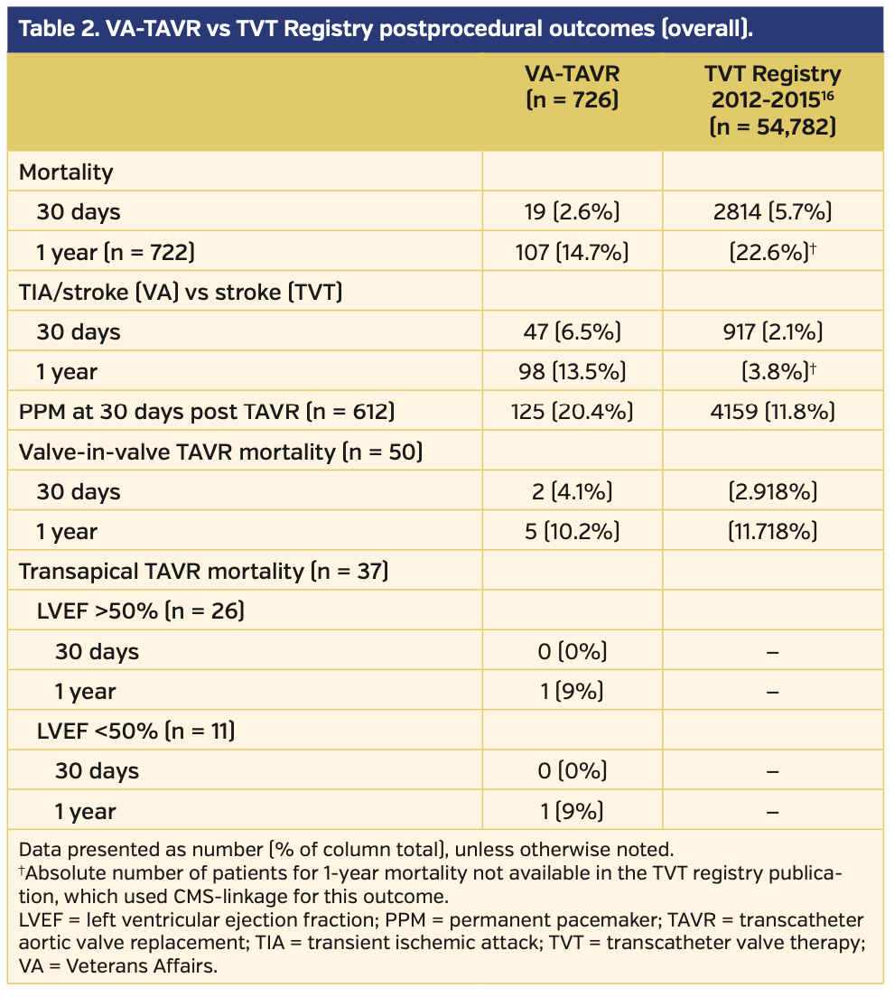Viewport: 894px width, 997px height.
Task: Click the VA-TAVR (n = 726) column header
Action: [x=572, y=87]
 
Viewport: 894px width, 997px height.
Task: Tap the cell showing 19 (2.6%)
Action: [x=572, y=211]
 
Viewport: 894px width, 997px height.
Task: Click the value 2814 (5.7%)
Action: [x=772, y=211]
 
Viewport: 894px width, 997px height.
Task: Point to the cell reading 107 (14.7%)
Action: [x=572, y=252]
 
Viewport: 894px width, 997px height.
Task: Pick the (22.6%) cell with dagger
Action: [x=772, y=252]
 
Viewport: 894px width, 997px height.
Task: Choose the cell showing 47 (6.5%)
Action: [x=572, y=331]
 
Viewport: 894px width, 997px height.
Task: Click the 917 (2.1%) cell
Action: [x=772, y=331]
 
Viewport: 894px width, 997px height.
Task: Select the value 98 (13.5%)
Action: [x=572, y=371]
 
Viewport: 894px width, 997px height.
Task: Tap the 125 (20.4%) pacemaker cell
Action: [x=572, y=412]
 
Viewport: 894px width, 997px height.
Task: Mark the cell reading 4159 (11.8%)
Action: [x=772, y=412]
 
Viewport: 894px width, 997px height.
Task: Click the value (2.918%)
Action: [x=772, y=491]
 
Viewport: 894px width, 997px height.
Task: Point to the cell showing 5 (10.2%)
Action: [x=572, y=531]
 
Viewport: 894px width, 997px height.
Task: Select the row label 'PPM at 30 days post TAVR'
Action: [x=207, y=412]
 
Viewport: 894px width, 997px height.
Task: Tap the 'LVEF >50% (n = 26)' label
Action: [x=140, y=611]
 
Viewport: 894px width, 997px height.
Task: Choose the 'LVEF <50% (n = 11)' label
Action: [x=135, y=731]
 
